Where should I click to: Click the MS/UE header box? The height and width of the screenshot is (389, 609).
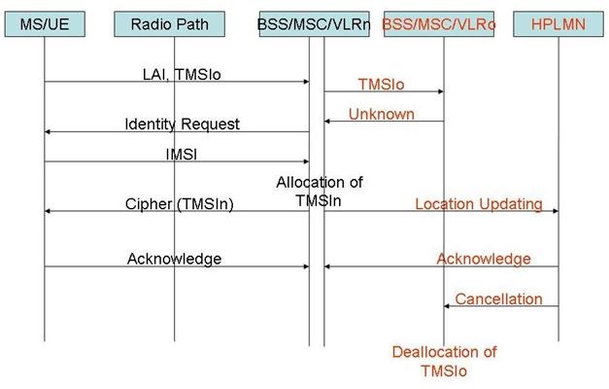click(x=45, y=24)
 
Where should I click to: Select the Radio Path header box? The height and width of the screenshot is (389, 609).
click(x=169, y=24)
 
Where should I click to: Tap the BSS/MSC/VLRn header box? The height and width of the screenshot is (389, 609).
click(x=314, y=24)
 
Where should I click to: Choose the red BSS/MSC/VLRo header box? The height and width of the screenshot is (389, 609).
click(x=439, y=24)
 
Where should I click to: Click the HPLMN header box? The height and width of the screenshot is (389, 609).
click(x=558, y=24)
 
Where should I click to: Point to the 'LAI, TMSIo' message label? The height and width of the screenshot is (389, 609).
click(x=182, y=74)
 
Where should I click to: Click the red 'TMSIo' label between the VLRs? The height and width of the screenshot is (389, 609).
click(x=381, y=84)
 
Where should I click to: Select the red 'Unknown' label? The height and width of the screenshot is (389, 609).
click(x=382, y=114)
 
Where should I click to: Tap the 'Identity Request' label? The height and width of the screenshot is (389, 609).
click(x=183, y=124)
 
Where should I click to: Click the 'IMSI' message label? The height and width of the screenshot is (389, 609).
click(x=182, y=155)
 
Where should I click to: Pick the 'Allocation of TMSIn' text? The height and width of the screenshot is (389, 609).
click(x=320, y=192)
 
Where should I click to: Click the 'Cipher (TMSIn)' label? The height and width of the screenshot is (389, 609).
click(x=179, y=204)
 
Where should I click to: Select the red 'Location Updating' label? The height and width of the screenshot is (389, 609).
click(x=479, y=204)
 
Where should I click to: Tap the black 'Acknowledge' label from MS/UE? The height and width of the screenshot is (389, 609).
click(x=175, y=259)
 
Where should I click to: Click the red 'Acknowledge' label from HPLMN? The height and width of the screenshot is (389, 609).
click(x=484, y=259)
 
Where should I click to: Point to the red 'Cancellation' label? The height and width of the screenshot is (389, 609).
click(x=498, y=299)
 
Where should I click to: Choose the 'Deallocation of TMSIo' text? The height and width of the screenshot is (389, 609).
click(x=444, y=362)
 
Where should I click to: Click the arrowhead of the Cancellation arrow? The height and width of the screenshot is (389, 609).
click(x=447, y=306)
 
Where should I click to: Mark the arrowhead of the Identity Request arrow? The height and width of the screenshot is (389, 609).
click(x=48, y=132)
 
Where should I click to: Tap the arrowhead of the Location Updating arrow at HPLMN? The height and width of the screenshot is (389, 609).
click(x=556, y=211)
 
